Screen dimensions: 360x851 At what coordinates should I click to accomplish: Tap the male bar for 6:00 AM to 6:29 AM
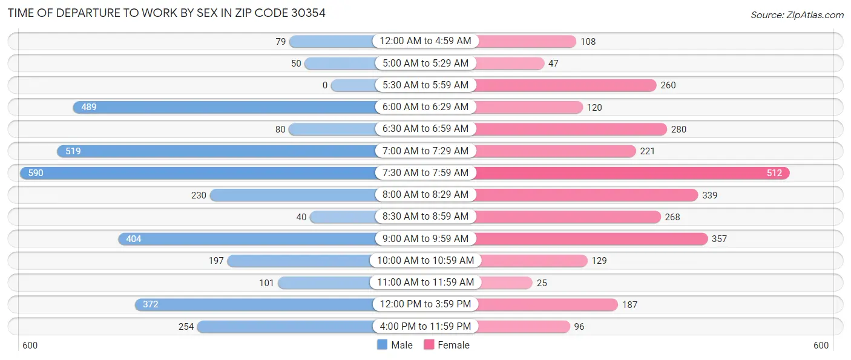(x=224, y=107)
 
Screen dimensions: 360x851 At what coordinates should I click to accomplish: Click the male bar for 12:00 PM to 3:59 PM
(x=254, y=304)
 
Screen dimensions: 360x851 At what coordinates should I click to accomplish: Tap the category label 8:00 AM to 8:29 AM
(x=425, y=195)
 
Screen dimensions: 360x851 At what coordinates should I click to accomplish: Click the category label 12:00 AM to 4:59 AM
(x=425, y=41)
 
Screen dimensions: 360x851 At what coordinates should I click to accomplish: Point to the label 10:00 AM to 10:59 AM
(x=425, y=261)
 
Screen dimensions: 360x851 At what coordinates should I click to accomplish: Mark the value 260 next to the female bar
(x=668, y=85)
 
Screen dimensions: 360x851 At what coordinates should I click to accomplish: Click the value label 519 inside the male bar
(x=73, y=151)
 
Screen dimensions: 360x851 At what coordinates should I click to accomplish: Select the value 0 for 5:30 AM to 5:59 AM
(x=325, y=85)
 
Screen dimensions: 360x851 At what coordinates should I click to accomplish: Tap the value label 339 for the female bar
(x=710, y=195)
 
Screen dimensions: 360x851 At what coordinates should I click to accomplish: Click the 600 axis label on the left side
(x=30, y=345)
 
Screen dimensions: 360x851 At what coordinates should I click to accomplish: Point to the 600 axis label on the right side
(x=821, y=345)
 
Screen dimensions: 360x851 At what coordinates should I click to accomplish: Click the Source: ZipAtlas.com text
(x=797, y=15)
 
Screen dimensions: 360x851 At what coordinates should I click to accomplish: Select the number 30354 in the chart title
(x=305, y=13)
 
